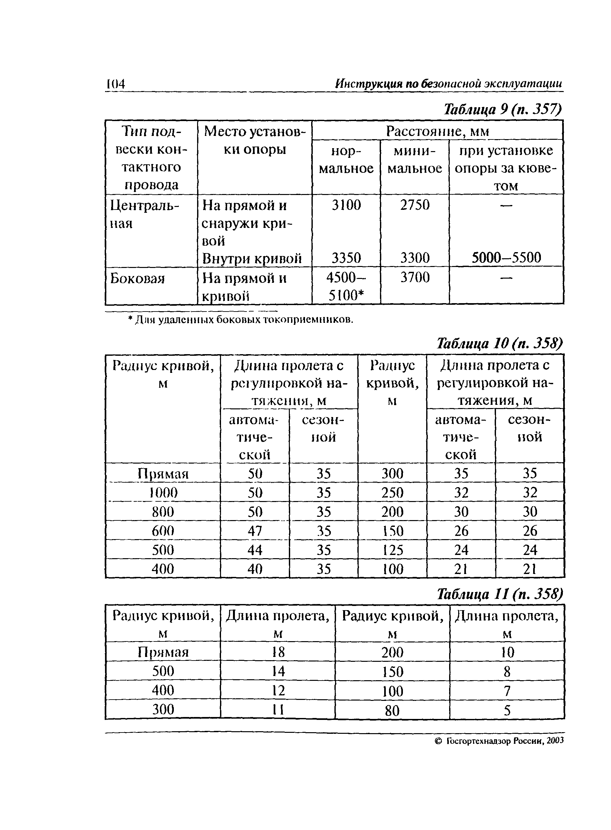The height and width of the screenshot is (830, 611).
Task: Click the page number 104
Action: click(116, 84)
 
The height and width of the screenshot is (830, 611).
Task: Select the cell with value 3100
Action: click(346, 205)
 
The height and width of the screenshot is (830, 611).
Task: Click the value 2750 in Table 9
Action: click(415, 205)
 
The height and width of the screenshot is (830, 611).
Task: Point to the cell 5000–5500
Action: click(506, 258)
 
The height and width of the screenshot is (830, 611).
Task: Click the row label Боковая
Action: click(137, 278)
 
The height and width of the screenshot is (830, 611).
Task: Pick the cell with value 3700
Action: click(415, 278)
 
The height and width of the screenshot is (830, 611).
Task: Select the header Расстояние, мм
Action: click(437, 131)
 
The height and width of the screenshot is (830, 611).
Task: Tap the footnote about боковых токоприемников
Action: click(241, 319)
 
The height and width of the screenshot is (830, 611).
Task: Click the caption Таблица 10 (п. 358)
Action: click(499, 344)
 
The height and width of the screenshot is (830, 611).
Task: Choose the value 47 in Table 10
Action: click(255, 531)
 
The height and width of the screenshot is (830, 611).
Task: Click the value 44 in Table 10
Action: click(255, 550)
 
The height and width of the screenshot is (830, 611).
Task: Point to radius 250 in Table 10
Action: click(392, 493)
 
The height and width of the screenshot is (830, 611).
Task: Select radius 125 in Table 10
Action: click(392, 550)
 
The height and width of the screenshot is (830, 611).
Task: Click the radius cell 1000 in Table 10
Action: click(163, 493)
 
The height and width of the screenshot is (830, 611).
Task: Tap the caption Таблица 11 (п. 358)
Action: click(499, 594)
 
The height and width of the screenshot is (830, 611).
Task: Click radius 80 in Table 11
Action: click(392, 710)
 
